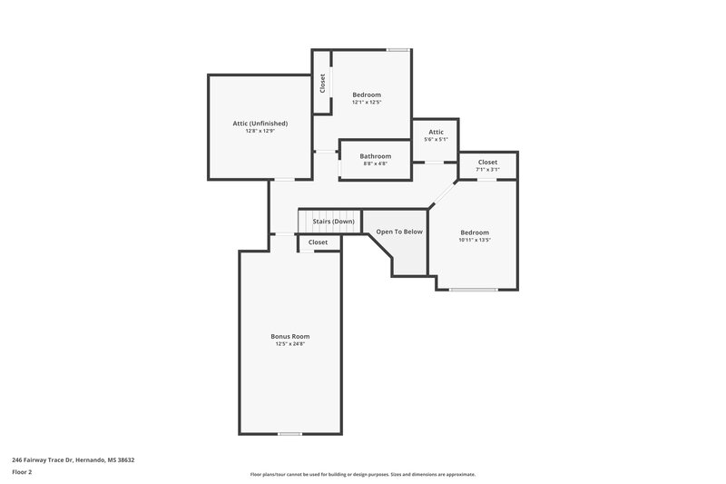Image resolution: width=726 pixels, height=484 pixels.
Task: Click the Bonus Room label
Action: click(x=290, y=336)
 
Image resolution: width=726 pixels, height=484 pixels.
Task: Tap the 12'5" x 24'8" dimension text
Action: click(x=290, y=344)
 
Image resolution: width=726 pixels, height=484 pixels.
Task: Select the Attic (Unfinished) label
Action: click(x=260, y=123)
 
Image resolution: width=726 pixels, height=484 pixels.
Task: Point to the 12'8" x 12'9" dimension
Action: click(x=260, y=131)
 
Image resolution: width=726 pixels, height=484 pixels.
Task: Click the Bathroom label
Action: click(x=375, y=155)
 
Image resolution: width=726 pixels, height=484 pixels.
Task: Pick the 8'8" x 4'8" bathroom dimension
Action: click(x=375, y=163)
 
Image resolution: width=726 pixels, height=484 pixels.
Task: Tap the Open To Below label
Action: click(x=399, y=232)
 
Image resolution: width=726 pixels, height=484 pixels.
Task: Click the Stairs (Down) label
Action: click(x=333, y=222)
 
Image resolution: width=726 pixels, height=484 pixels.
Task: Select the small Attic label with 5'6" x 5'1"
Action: click(x=436, y=132)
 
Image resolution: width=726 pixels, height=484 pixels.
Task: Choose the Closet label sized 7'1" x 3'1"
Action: click(x=487, y=162)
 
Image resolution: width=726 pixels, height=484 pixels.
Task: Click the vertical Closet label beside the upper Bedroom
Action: click(x=322, y=84)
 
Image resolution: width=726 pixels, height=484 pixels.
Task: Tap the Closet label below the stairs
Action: click(x=318, y=242)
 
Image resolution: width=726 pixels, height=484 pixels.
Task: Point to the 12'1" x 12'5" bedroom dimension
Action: click(x=367, y=102)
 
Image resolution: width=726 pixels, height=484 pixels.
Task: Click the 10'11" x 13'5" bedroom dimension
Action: click(x=474, y=240)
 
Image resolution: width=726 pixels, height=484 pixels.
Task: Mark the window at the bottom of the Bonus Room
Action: click(x=289, y=433)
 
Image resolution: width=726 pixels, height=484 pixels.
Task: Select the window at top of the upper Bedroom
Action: click(x=397, y=49)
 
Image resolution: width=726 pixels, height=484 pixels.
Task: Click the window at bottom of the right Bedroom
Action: click(x=473, y=290)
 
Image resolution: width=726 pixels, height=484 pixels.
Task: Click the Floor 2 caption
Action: click(x=21, y=472)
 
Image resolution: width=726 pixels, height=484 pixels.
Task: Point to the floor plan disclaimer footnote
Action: click(x=362, y=474)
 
